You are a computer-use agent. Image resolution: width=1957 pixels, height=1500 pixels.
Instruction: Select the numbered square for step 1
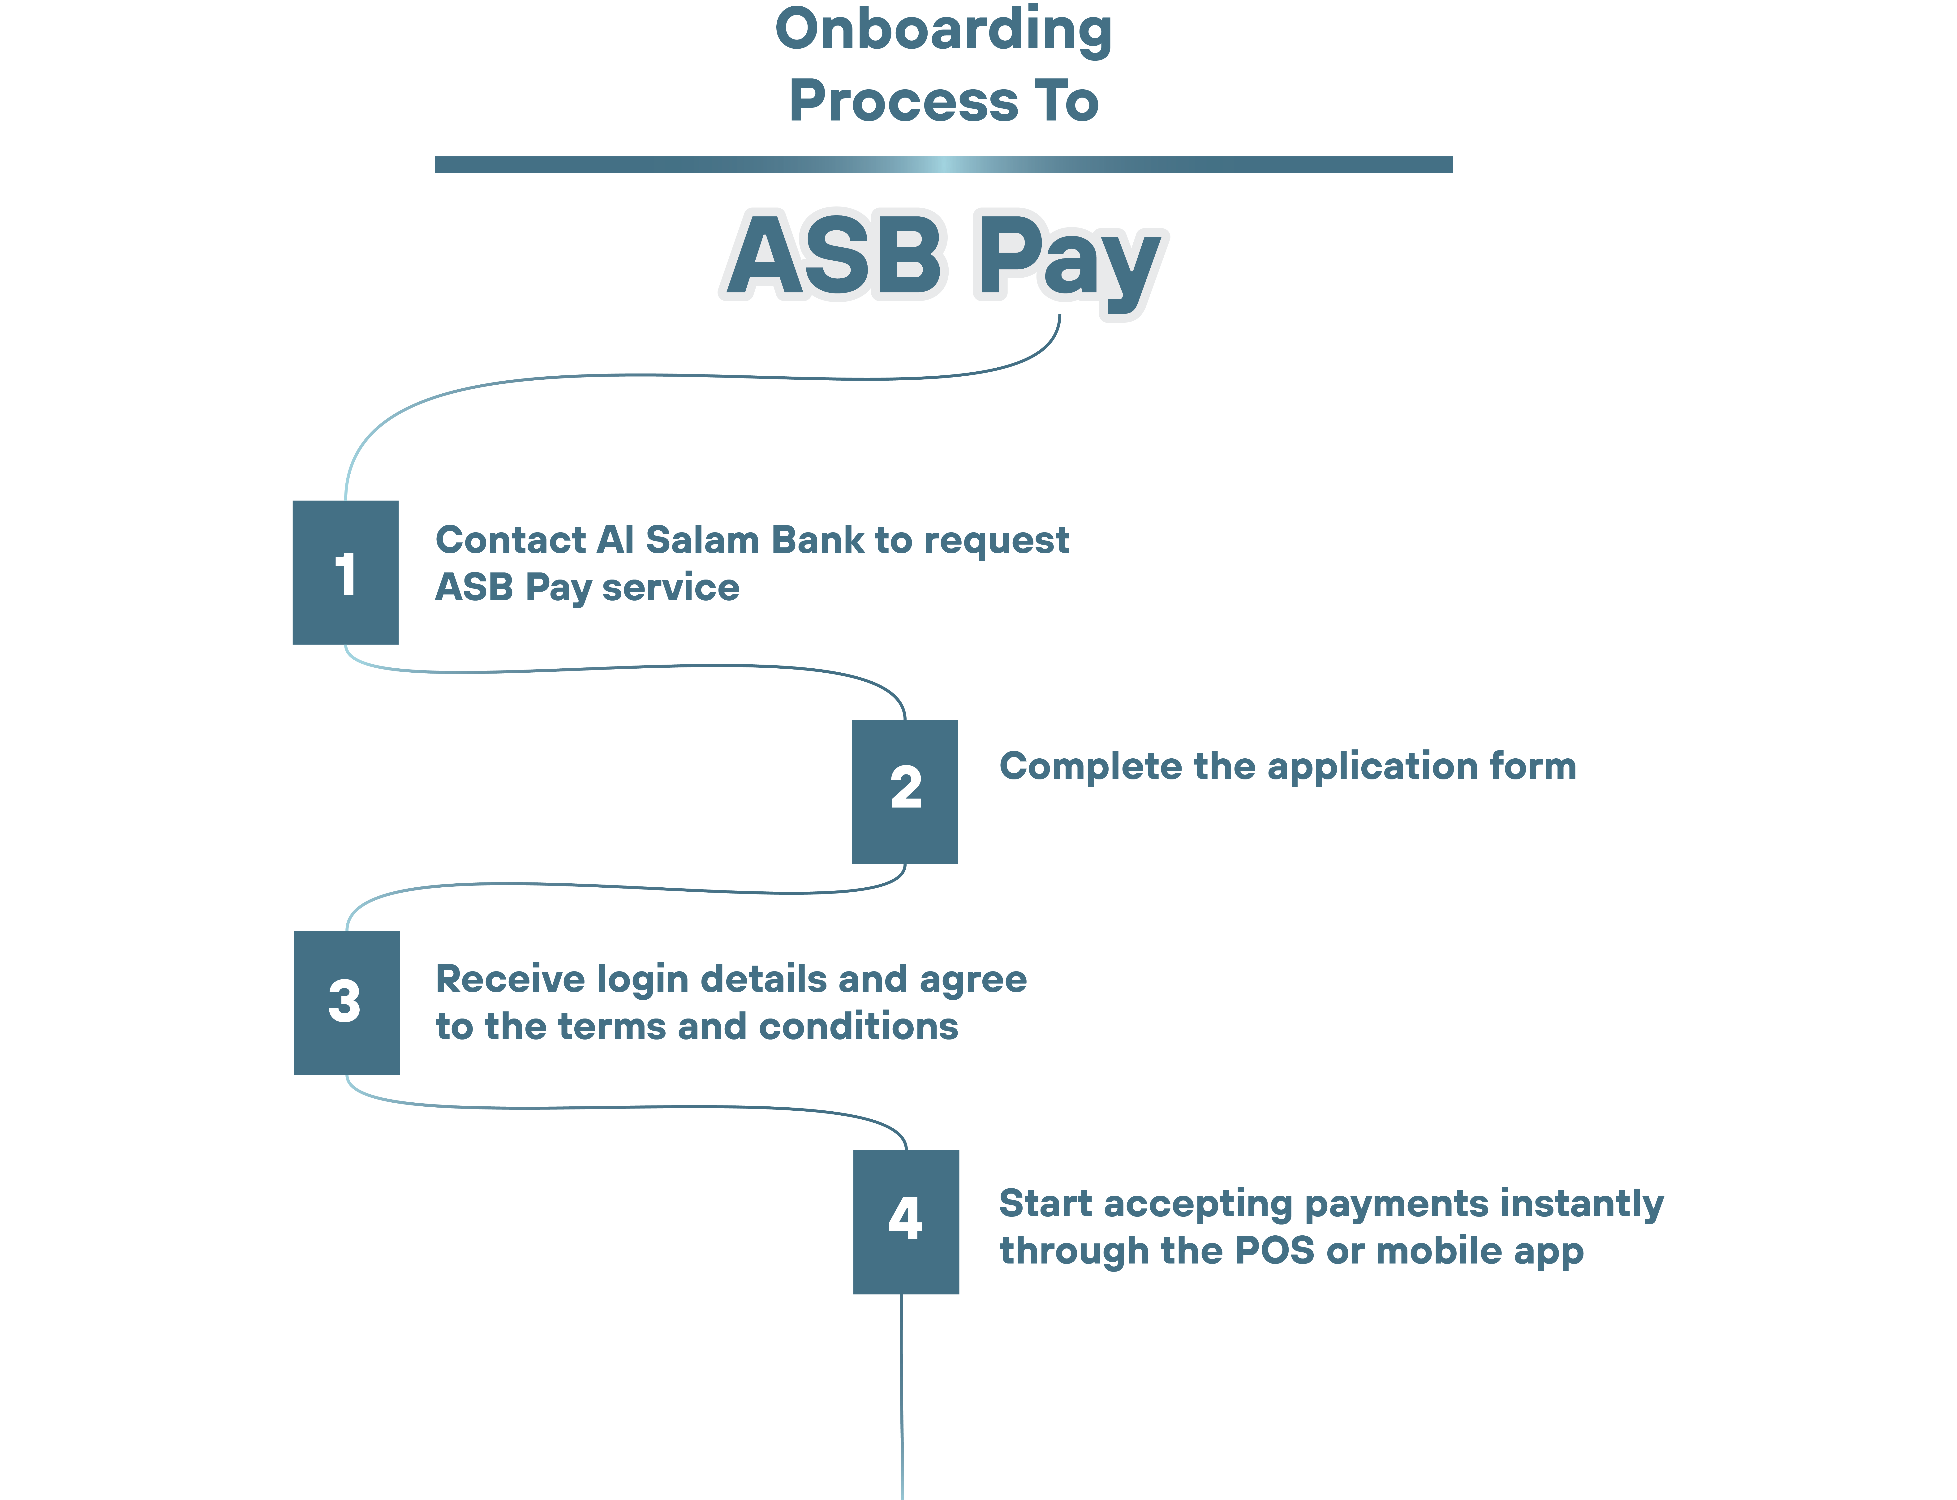[345, 572]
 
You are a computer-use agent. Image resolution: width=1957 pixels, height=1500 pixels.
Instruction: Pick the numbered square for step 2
[904, 791]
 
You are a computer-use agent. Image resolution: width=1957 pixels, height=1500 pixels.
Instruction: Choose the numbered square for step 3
[346, 1002]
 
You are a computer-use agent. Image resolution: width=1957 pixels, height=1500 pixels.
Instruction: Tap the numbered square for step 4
[905, 1221]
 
